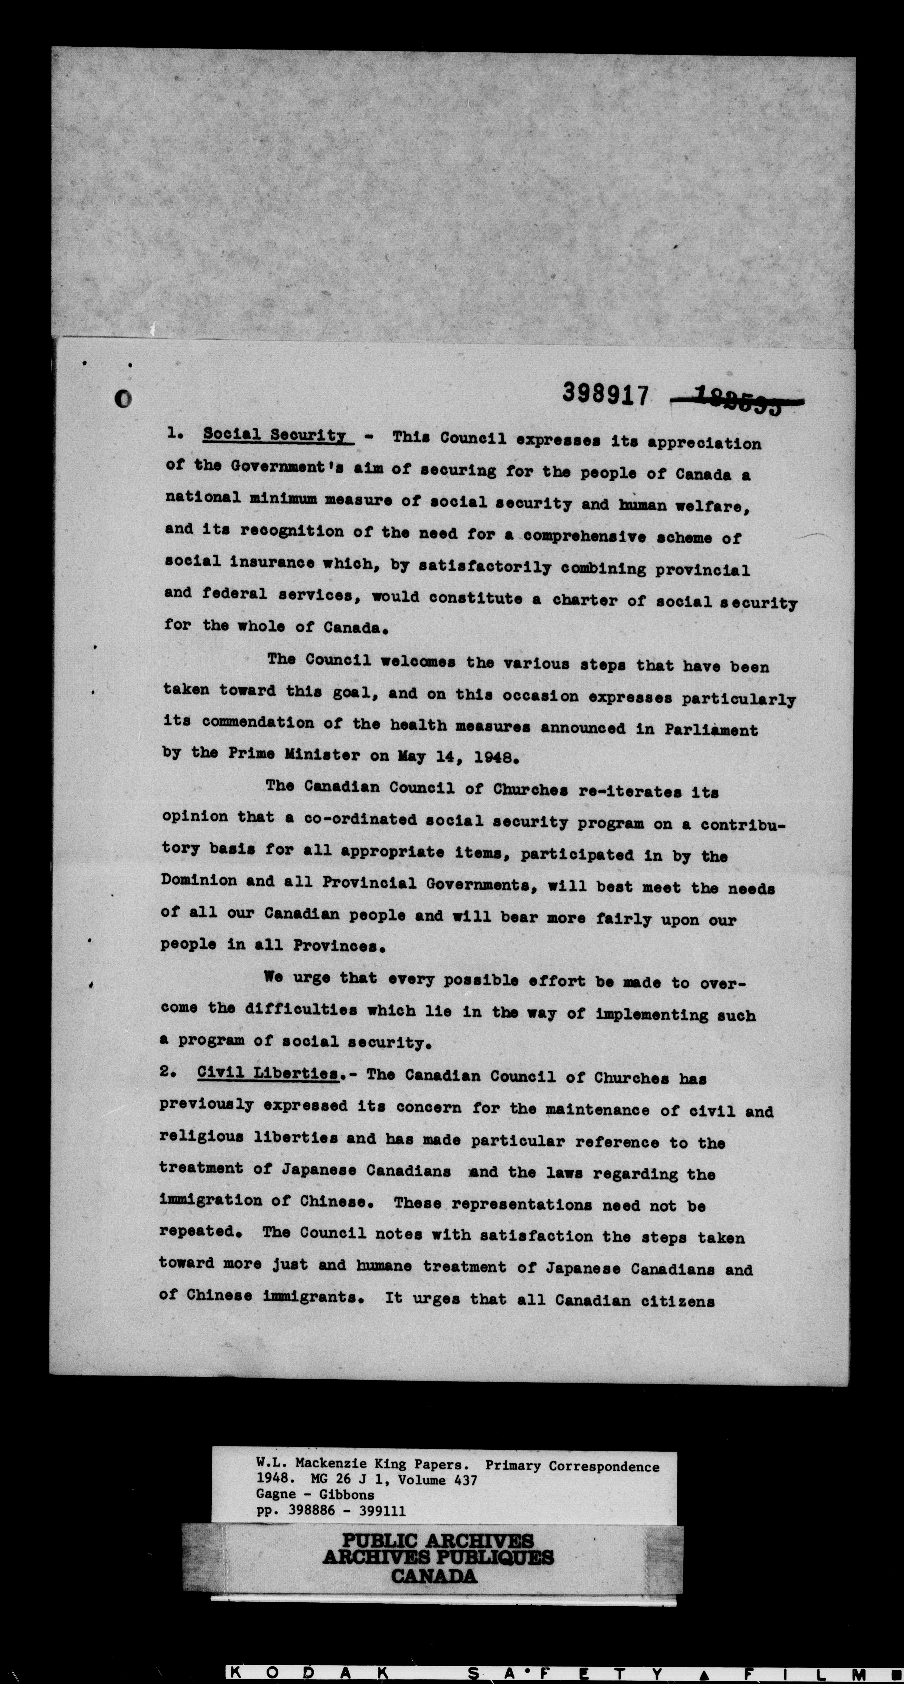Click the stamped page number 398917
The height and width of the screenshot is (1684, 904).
click(x=605, y=394)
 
